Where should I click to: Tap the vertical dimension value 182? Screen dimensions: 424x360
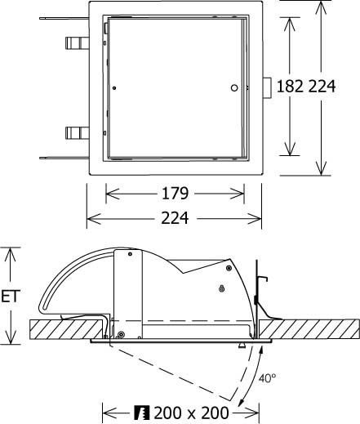point(290,86)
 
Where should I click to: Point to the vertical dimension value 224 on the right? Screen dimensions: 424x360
point(322,86)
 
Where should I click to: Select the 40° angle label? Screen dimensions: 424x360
point(269,378)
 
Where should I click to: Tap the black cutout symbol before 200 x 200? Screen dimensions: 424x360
point(140,413)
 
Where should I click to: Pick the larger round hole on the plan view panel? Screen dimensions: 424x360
point(234,87)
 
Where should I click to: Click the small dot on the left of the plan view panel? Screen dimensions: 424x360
point(116,87)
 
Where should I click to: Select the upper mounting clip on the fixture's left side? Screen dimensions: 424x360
point(74,41)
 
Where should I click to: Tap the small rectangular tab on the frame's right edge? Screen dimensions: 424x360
point(266,87)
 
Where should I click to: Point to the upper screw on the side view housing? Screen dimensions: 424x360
point(222,288)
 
